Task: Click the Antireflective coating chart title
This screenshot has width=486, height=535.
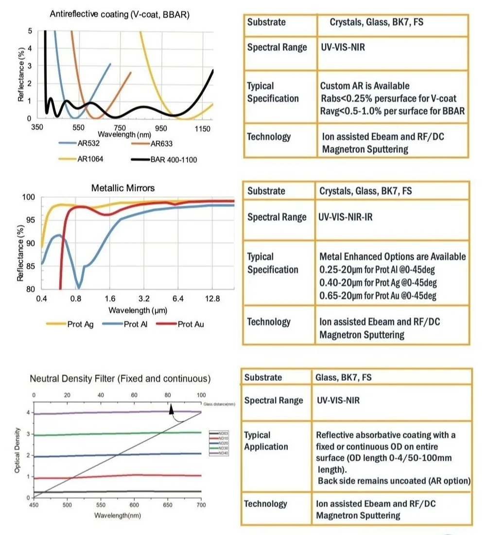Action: coord(120,14)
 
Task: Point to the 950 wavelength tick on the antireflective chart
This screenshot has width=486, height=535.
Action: coord(161,128)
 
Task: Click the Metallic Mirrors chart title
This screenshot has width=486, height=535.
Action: coord(123,188)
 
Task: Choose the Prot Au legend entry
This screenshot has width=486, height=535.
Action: coord(191,324)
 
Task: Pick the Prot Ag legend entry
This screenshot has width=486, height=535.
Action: coord(80,324)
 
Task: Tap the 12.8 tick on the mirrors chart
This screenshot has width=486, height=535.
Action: coord(213,298)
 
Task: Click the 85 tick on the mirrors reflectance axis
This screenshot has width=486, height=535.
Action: coord(31,266)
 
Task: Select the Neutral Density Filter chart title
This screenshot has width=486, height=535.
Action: coord(120,379)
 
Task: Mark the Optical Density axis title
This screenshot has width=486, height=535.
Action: coord(17,450)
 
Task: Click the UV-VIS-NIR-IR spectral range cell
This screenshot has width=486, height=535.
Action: coord(346,217)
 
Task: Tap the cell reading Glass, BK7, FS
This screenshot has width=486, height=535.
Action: coord(344,377)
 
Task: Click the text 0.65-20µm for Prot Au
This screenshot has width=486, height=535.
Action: coord(378,295)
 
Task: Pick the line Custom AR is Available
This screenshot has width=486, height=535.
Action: coord(364,86)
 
